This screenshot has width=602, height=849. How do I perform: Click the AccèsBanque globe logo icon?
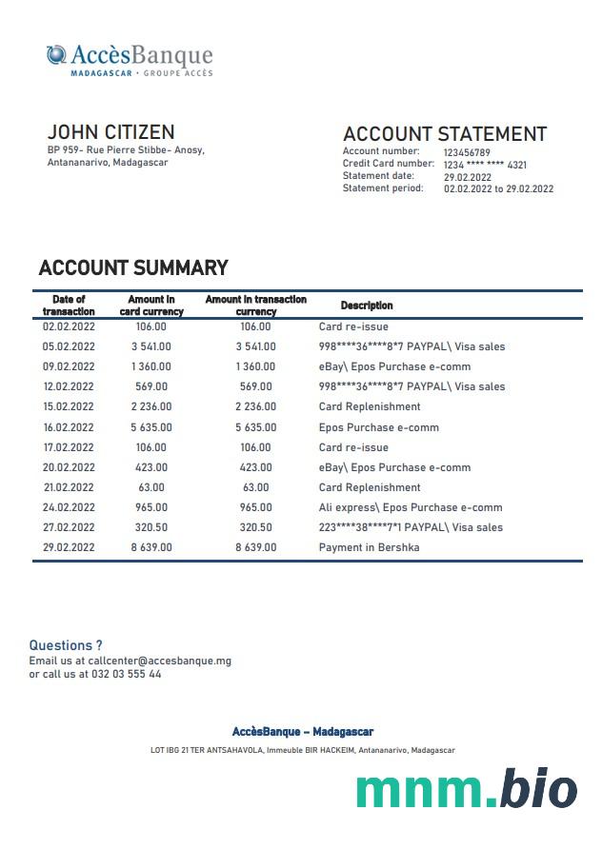[x=56, y=55]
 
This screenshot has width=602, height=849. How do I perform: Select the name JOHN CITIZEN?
[x=110, y=131]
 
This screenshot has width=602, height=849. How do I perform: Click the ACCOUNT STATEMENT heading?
[x=444, y=134]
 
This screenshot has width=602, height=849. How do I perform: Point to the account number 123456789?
[x=467, y=152]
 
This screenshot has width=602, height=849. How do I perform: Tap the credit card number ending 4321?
[x=485, y=165]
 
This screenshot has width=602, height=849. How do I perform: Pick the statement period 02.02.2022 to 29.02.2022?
[x=498, y=188]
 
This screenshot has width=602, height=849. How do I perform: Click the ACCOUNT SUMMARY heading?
[x=133, y=267]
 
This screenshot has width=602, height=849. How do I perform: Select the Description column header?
[x=367, y=306]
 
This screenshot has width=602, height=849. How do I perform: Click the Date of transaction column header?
[x=69, y=306]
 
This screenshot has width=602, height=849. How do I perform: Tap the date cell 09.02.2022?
[x=69, y=366]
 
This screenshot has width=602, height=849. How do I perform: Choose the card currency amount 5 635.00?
[x=151, y=427]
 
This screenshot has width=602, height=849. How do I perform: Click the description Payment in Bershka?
[x=369, y=547]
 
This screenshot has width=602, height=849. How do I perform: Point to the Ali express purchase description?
[x=411, y=507]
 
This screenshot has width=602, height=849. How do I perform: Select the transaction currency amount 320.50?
[x=255, y=527]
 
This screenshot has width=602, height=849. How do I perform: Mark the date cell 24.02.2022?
[x=69, y=507]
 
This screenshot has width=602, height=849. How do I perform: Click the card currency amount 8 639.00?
[x=151, y=547]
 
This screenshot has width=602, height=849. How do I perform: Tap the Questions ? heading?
[x=66, y=645]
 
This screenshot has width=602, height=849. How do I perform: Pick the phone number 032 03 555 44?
[x=127, y=674]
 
